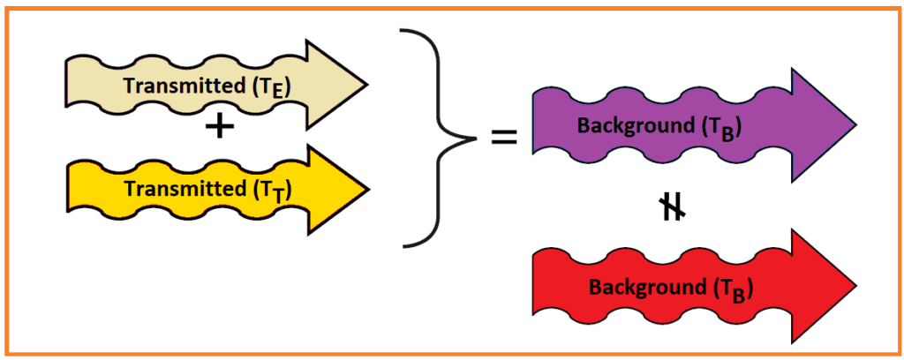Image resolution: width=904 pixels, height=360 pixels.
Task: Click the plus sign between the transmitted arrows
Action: (219, 129)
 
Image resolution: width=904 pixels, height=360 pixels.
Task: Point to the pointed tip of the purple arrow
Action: (855, 124)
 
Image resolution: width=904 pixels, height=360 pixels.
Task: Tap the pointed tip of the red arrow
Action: (855, 286)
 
